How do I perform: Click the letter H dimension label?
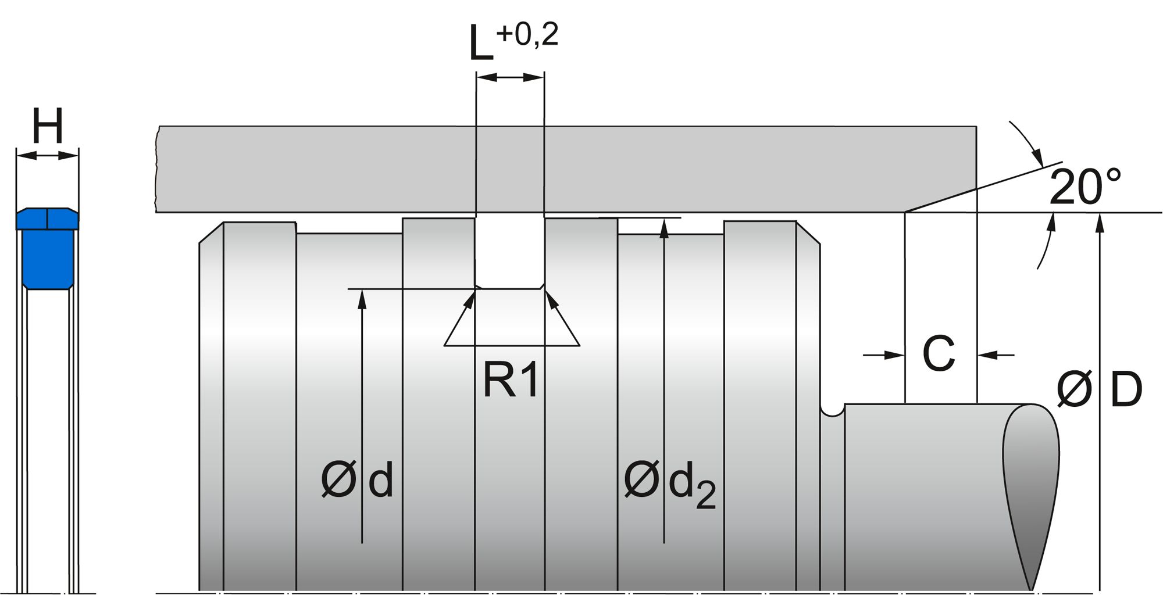(x=47, y=126)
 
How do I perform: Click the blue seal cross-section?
(x=47, y=249)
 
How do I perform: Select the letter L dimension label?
(x=481, y=44)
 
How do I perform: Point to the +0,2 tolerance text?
(x=527, y=34)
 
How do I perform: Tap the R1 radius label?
(x=511, y=381)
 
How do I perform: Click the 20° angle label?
(x=1085, y=187)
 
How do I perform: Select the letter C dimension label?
(x=939, y=353)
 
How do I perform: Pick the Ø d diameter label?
(x=357, y=480)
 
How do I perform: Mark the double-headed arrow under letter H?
(x=47, y=155)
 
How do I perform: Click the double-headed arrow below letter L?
(x=510, y=77)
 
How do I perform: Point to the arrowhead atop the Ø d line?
(x=362, y=297)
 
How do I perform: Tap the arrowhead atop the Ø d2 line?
(x=664, y=227)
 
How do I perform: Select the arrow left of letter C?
(x=884, y=354)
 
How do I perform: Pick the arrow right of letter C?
(x=996, y=354)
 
